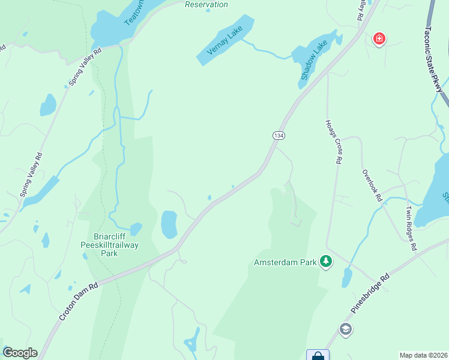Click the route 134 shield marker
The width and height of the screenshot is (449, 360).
(x=278, y=136)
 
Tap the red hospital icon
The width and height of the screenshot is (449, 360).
(x=379, y=40)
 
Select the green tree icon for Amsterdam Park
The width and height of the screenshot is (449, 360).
(x=326, y=262)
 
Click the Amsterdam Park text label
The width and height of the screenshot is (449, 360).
(x=284, y=263)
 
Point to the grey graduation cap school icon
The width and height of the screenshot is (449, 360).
(x=345, y=329)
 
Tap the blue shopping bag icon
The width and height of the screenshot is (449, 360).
(x=318, y=355)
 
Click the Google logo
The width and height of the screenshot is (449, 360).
(x=20, y=353)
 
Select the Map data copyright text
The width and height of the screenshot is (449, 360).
(x=424, y=355)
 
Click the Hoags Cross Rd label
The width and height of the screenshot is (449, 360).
(x=334, y=141)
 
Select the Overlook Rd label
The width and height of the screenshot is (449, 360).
(x=372, y=184)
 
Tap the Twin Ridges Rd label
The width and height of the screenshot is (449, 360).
(x=410, y=228)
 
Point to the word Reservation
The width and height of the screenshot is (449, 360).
(x=206, y=5)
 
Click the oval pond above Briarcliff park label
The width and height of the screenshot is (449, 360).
(x=169, y=224)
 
